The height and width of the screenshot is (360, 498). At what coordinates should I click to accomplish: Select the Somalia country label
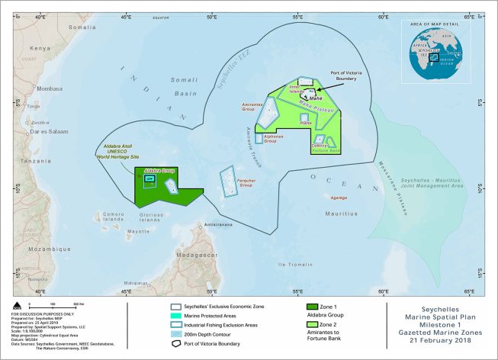pos(82,27)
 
